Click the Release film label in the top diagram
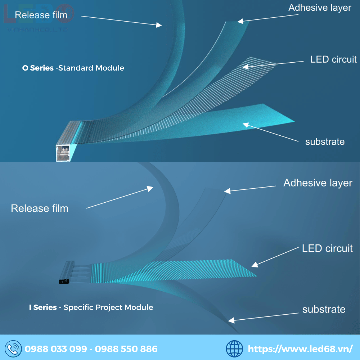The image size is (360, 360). click(41, 15)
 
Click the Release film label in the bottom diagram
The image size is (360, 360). click(40, 208)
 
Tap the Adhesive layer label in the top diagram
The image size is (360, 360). click(320, 8)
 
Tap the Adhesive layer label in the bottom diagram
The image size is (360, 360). click(318, 183)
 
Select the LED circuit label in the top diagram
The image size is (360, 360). click(333, 59)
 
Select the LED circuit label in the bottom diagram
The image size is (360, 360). click(327, 248)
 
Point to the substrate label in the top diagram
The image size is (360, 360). click(325, 141)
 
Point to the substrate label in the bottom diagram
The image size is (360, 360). click(324, 309)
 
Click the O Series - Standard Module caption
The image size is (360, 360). click(73, 68)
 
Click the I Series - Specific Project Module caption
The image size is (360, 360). click(91, 307)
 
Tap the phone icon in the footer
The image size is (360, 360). click(13, 348)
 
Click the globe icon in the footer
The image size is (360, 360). click(234, 348)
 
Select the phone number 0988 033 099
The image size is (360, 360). click(56, 349)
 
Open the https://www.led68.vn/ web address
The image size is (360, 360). click(300, 349)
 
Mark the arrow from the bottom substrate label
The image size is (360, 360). click(266, 316)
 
